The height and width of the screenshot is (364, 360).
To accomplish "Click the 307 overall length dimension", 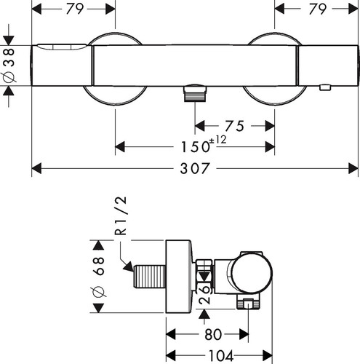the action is [x=194, y=168].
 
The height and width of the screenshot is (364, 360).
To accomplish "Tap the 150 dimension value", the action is [x=196, y=147].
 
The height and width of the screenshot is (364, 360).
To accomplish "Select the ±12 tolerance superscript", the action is [x=217, y=140].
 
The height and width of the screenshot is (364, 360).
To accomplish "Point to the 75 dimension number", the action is [x=234, y=126].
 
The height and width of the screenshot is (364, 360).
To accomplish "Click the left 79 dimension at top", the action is [x=75, y=9].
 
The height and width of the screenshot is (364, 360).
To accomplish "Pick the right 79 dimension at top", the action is [x=317, y=9].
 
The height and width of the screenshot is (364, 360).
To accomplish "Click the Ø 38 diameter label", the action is [x=9, y=65].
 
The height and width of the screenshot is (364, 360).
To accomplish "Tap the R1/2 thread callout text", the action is [x=121, y=215].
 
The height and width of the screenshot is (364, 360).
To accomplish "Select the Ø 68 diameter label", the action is [x=98, y=277].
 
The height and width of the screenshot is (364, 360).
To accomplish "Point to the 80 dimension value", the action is [x=213, y=334].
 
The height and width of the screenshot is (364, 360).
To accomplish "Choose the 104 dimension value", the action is [x=221, y=356].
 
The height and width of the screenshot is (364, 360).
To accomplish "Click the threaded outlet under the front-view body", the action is [x=196, y=93].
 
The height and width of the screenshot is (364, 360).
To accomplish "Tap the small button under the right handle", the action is [x=325, y=87].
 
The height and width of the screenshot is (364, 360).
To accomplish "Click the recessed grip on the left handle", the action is [x=62, y=47].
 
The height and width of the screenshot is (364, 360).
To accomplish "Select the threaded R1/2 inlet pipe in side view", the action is [x=150, y=277].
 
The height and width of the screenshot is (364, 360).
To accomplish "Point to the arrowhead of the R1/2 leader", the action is [x=129, y=266].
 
